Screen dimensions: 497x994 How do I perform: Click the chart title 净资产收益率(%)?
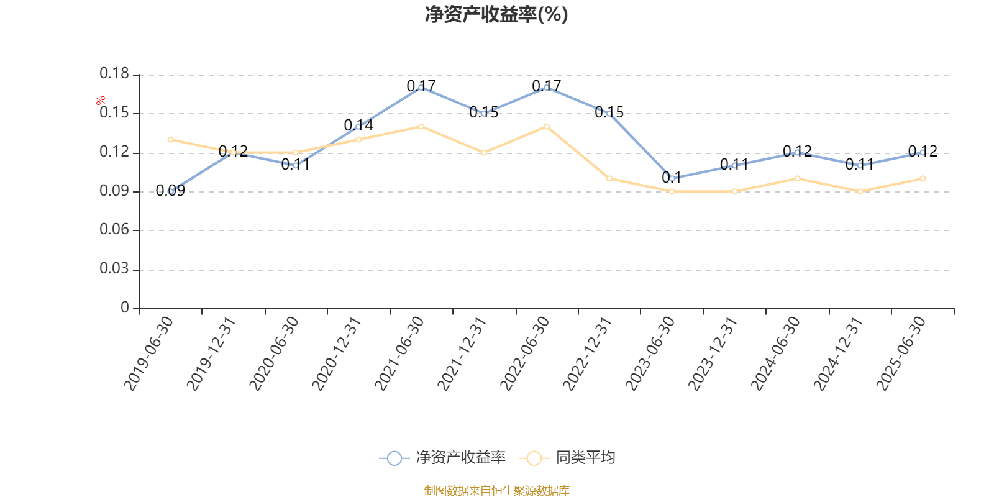(x=496, y=14)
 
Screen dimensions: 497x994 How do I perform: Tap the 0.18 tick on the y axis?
(x=114, y=74)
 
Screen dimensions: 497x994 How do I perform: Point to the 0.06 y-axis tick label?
(x=114, y=230)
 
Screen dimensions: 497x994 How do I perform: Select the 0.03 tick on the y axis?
(x=114, y=269)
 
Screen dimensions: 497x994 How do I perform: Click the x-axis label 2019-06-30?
(x=149, y=353)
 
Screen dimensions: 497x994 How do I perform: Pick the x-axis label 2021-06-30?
(x=400, y=353)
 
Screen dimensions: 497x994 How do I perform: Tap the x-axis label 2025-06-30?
(x=901, y=353)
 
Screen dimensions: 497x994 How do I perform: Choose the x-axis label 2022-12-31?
(x=588, y=353)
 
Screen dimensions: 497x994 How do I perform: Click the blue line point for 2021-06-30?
(x=421, y=88)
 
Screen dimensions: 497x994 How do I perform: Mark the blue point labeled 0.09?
(x=171, y=191)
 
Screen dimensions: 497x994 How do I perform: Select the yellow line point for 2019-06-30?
(x=171, y=139)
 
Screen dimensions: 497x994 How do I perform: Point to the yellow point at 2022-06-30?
(x=547, y=127)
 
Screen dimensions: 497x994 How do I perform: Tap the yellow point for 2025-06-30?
(x=923, y=178)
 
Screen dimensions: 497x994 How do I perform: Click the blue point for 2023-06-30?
(x=672, y=178)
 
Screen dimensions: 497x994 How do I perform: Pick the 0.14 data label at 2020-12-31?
(x=359, y=125)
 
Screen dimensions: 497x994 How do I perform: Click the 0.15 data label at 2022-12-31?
(x=609, y=112)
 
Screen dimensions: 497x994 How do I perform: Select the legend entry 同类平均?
(x=585, y=458)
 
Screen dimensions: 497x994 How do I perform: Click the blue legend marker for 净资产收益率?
(x=394, y=458)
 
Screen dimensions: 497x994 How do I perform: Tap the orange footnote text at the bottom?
(x=496, y=491)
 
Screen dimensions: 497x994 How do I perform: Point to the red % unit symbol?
(x=101, y=101)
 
